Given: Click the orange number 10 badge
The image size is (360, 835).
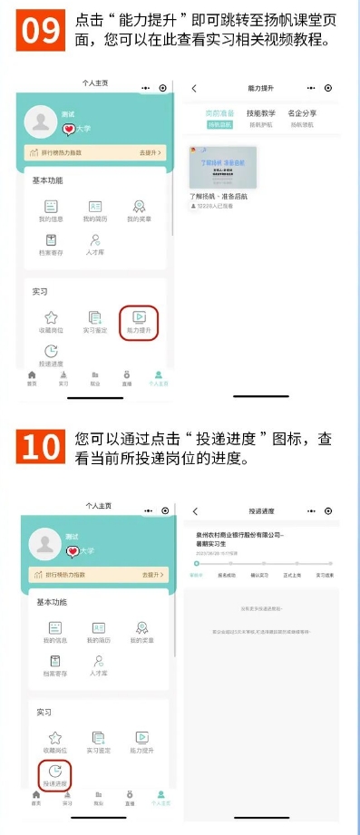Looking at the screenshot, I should (x=41, y=449).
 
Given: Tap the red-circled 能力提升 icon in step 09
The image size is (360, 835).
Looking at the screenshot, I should (x=139, y=321).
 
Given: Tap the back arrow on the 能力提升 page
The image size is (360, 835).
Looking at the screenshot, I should (x=194, y=88).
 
